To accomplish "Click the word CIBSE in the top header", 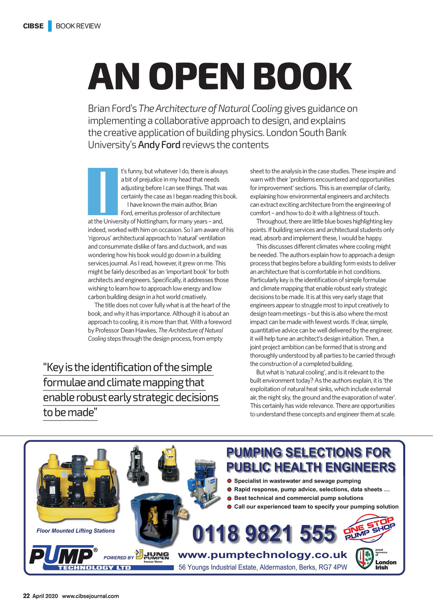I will pyautogui.click(x=33, y=26).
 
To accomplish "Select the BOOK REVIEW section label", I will pyautogui.click(x=78, y=26).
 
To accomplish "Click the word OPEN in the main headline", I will pyautogui.click(x=197, y=77).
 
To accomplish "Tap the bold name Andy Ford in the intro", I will pyautogui.click(x=159, y=145).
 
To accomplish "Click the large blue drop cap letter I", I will pyautogui.click(x=103, y=192).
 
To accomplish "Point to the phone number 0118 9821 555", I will pyautogui.click(x=264, y=534).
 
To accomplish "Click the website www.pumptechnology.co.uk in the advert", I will pyautogui.click(x=263, y=555).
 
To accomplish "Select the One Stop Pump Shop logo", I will pyautogui.click(x=369, y=529).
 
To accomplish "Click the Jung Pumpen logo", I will pyautogui.click(x=152, y=556).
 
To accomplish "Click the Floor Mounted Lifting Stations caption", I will pyautogui.click(x=76, y=531).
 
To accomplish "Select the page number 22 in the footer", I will pyautogui.click(x=26, y=596).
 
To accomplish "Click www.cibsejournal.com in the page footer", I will pyautogui.click(x=90, y=596).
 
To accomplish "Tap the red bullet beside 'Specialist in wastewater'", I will pyautogui.click(x=230, y=481).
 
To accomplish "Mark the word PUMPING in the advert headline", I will pyautogui.click(x=254, y=453).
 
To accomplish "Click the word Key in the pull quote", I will pyautogui.click(x=55, y=367).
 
